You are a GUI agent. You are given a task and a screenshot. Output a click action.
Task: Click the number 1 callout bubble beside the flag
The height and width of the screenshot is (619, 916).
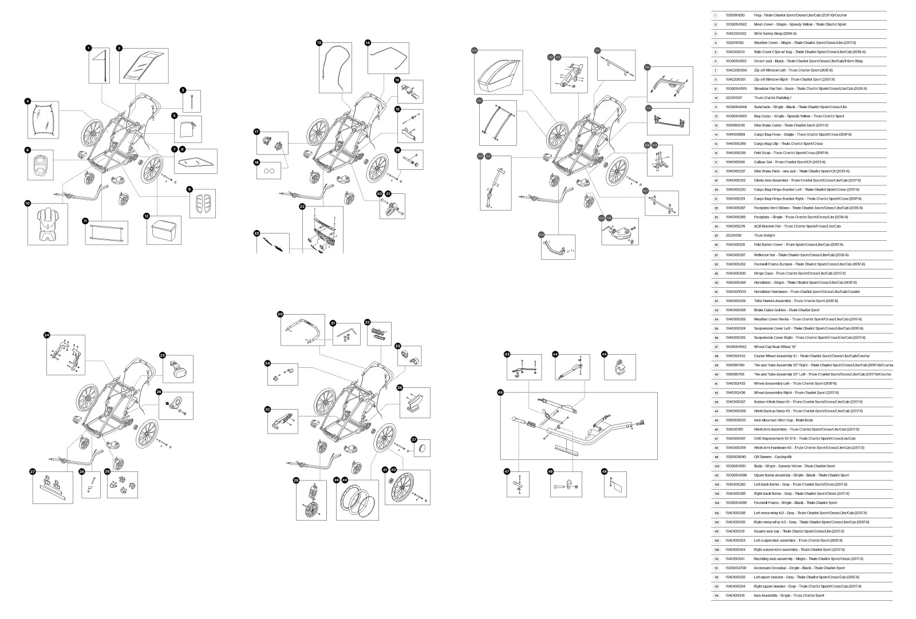[x=89, y=48]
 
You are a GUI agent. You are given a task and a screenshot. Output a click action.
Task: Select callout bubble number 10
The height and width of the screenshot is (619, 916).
[x=27, y=203]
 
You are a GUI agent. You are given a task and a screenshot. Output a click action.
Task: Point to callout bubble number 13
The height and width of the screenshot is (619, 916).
[x=319, y=42]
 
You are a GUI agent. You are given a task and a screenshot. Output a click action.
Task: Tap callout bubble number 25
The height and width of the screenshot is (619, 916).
[x=163, y=355]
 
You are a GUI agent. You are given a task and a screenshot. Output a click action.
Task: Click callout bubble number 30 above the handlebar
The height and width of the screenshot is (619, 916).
[x=281, y=314]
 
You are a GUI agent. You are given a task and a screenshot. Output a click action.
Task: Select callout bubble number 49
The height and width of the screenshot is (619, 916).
[x=604, y=471]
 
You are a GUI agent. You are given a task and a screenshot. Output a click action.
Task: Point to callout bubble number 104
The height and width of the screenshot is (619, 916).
[x=541, y=234]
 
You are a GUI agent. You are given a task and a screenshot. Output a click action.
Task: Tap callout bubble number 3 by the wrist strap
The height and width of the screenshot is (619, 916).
[x=183, y=90]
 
